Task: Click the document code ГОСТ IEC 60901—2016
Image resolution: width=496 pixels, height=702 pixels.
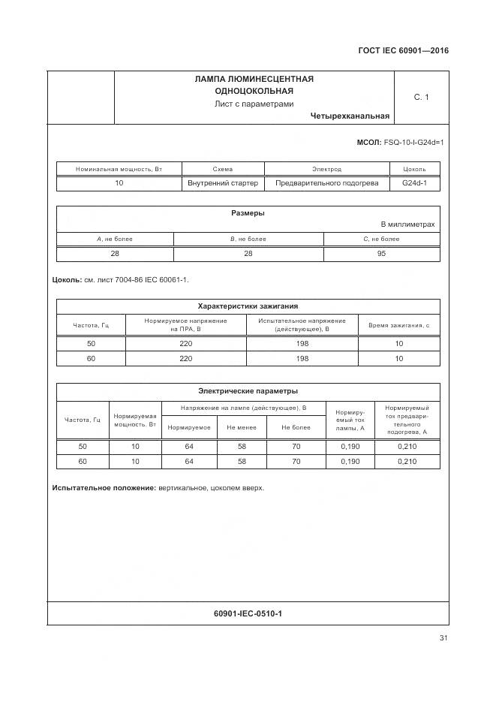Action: tap(402, 51)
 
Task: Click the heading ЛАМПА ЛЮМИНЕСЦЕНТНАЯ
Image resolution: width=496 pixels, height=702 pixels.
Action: tap(254, 79)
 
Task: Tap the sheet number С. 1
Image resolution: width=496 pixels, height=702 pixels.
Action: tap(421, 97)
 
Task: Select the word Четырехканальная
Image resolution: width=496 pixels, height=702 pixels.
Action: tap(349, 116)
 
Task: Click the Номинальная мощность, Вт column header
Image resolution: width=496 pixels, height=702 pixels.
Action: tap(119, 170)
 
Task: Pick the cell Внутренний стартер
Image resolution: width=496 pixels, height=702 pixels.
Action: tap(223, 183)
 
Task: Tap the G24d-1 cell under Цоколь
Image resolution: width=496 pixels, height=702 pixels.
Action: tap(414, 183)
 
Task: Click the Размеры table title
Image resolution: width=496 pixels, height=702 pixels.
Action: tap(248, 213)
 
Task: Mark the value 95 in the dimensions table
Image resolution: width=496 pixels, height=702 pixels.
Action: tap(381, 254)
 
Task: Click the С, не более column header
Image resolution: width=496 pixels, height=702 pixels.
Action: tap(381, 239)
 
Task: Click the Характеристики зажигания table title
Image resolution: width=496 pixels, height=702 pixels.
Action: tap(248, 306)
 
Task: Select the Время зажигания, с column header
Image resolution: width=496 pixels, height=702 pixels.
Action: tap(398, 325)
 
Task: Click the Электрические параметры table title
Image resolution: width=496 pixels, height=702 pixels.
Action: tap(248, 391)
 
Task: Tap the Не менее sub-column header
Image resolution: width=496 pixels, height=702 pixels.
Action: tap(241, 427)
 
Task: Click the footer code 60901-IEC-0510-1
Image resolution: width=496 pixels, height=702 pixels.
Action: tap(248, 614)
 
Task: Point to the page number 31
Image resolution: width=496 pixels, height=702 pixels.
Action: tap(443, 638)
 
